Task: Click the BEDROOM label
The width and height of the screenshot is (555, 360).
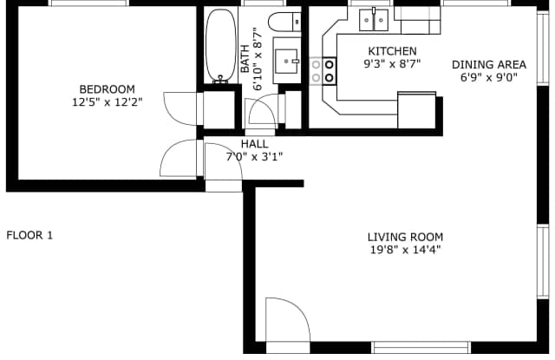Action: pos(108,88)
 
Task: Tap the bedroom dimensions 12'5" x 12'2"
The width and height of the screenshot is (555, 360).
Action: pos(108,101)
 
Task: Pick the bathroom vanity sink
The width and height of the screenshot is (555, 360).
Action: pos(287,62)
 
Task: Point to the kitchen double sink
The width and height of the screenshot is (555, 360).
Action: pos(375,16)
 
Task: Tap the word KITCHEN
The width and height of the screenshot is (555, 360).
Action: pos(392,51)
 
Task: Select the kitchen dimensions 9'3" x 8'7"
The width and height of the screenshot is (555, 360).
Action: pos(392,64)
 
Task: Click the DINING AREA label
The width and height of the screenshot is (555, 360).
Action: pos(489,64)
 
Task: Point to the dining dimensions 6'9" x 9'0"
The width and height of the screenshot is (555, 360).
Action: pos(489,77)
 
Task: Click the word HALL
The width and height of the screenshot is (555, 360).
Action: pos(254,144)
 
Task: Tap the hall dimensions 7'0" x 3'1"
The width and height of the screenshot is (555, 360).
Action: pos(254,157)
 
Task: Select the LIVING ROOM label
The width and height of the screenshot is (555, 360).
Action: pos(405,237)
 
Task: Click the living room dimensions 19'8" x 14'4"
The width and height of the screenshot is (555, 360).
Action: pos(405,251)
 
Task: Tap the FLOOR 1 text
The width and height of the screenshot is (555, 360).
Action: pos(29,235)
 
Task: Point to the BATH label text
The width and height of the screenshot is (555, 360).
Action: pos(245,60)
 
